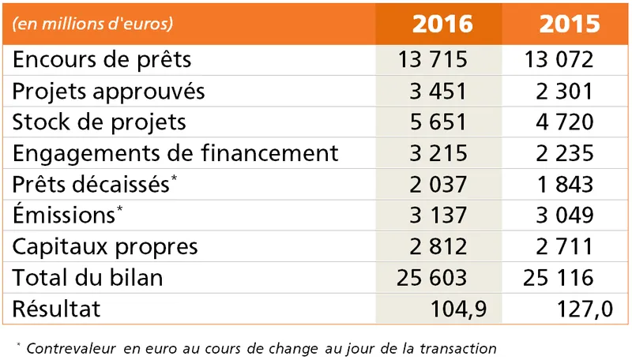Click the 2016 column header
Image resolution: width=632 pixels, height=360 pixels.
pyautogui.click(x=442, y=24)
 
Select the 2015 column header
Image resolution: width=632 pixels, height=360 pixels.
pyautogui.click(x=570, y=24)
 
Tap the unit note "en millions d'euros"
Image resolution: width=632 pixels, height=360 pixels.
pyautogui.click(x=92, y=24)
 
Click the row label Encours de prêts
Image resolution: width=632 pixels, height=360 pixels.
pyautogui.click(x=102, y=60)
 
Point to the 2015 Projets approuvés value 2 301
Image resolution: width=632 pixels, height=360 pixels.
pyautogui.click(x=562, y=91)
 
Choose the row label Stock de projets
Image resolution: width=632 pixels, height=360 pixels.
pyautogui.click(x=100, y=122)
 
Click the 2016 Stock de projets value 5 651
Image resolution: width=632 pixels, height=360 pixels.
pyautogui.click(x=439, y=122)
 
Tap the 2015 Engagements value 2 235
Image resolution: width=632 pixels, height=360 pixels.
pyautogui.click(x=562, y=153)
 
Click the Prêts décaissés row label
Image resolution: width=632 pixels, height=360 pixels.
pyautogui.click(x=91, y=184)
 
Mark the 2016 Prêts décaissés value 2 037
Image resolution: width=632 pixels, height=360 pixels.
pyautogui.click(x=439, y=184)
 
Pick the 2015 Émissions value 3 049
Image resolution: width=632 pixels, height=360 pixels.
pyautogui.click(x=562, y=215)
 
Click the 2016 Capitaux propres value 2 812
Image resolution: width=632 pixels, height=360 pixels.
pyautogui.click(x=439, y=246)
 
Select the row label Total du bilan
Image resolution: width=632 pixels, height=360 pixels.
pyautogui.click(x=88, y=277)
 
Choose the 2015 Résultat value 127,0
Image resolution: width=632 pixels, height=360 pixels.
pyautogui.click(x=583, y=308)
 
